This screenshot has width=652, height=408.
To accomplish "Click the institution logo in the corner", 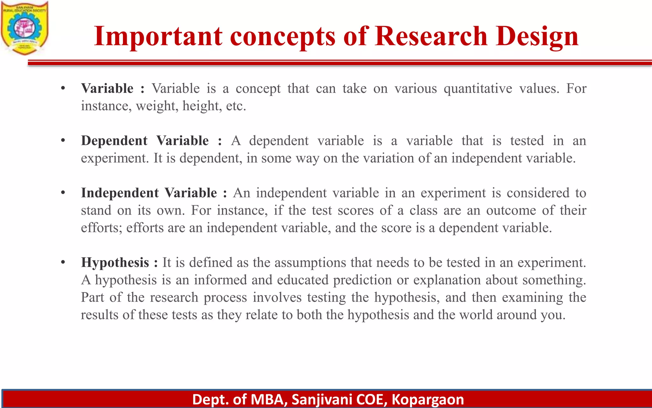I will [x=25, y=28].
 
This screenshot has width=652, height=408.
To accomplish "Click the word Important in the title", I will [x=158, y=36].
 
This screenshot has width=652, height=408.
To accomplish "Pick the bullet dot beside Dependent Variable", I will [x=63, y=140].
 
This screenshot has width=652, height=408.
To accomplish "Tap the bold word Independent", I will [x=120, y=193].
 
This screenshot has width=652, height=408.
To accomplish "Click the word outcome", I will [x=511, y=210].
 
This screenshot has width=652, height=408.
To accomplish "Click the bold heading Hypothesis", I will [x=115, y=262].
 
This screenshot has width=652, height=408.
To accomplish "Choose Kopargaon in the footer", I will [x=428, y=400].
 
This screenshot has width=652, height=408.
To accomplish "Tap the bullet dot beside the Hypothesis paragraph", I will [x=63, y=262].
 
